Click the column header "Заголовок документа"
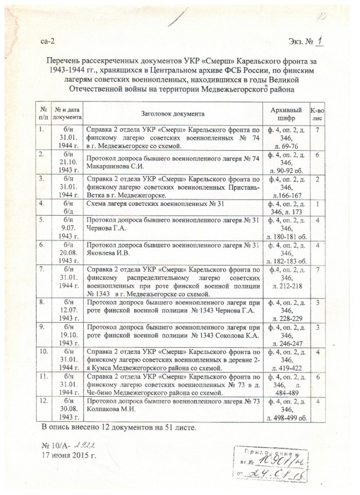point(172,113)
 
